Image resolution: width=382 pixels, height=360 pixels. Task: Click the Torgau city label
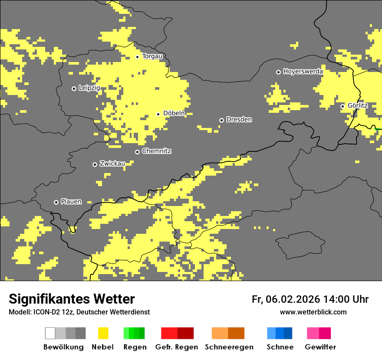[152, 56]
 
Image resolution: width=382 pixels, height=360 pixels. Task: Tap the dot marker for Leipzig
[74, 88]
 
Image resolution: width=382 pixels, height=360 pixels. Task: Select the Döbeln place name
[174, 113]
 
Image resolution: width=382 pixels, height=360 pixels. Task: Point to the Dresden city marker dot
[221, 120]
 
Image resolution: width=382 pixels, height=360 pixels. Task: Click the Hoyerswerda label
[303, 72]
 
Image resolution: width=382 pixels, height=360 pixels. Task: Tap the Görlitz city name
[358, 105]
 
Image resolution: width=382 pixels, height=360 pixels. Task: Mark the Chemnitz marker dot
[137, 152]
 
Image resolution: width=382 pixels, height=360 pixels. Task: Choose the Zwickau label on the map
[112, 164]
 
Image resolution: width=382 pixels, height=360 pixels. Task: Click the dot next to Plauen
[56, 202]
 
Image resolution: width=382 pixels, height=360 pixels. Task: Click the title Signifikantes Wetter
[72, 299]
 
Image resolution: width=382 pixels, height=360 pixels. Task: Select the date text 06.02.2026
[293, 299]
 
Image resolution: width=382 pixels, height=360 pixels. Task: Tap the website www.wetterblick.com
[313, 312]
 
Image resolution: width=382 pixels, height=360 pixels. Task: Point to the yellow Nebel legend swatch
[103, 333]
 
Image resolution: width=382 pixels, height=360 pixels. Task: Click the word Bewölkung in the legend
[63, 347]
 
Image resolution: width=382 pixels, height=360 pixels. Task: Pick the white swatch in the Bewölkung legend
[50, 333]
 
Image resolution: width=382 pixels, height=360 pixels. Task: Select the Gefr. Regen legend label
[176, 347]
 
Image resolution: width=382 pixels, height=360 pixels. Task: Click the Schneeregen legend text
[229, 347]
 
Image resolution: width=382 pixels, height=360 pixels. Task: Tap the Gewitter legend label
[320, 347]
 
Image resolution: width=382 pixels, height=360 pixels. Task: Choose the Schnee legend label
[280, 347]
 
